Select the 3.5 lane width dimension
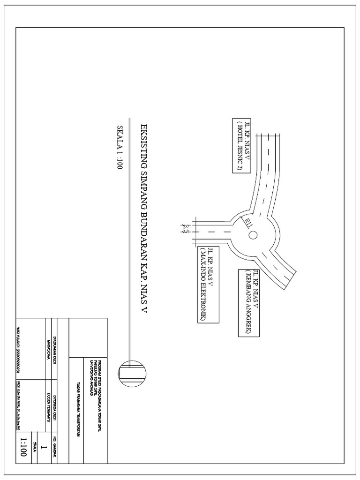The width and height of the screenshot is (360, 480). click(186, 229)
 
